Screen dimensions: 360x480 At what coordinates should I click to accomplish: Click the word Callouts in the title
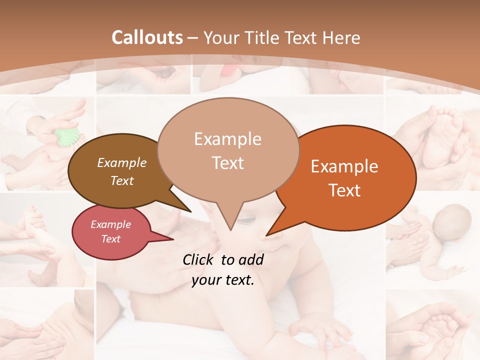pyautogui.click(x=147, y=37)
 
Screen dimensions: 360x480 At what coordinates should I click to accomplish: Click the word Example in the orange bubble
pyautogui.click(x=344, y=166)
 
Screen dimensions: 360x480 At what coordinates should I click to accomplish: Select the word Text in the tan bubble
pyautogui.click(x=228, y=163)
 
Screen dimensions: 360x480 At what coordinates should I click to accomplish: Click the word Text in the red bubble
pyautogui.click(x=111, y=239)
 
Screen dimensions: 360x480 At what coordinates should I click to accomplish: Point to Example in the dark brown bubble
pyautogui.click(x=122, y=163)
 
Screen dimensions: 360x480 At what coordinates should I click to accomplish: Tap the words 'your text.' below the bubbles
pyautogui.click(x=223, y=280)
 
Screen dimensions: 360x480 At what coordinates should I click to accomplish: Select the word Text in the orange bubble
pyautogui.click(x=344, y=190)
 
